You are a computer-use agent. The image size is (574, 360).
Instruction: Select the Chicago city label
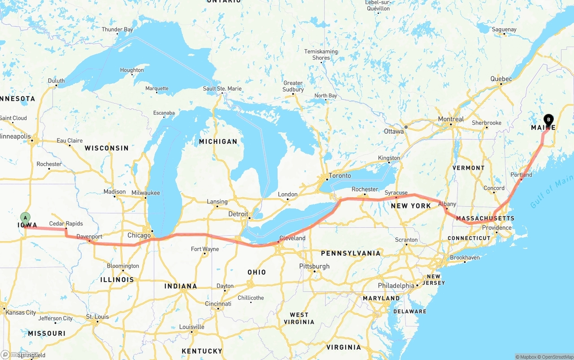[x=139, y=235]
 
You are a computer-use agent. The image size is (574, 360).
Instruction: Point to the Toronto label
[x=339, y=176]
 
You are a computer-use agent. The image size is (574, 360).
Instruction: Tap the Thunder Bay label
[x=117, y=30]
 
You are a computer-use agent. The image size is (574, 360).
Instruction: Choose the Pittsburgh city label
[x=314, y=266]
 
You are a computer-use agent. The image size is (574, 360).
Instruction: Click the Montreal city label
[x=451, y=119]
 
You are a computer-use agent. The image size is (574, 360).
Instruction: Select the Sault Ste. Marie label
[x=222, y=89]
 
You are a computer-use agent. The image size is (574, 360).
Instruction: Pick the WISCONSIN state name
[x=107, y=148]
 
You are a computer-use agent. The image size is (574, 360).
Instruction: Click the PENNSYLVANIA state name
[x=351, y=253]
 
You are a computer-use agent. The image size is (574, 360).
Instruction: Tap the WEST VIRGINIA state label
[x=299, y=318]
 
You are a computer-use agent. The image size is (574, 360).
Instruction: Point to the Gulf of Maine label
[x=551, y=194]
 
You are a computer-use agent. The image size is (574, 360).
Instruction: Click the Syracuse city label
[x=396, y=193]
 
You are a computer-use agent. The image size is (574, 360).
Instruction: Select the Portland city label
[x=521, y=175]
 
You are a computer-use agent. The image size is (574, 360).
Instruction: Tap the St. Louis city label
[x=97, y=317]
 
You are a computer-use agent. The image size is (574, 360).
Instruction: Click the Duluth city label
[x=57, y=81]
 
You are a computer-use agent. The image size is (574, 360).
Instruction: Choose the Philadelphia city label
[x=396, y=286]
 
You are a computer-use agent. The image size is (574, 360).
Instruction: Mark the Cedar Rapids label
[x=66, y=224]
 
